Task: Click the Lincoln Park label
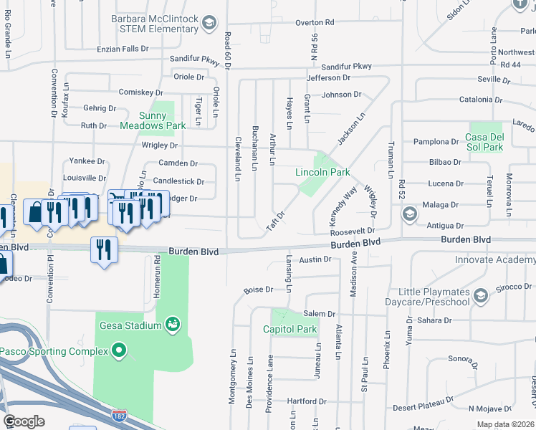tap(322, 172)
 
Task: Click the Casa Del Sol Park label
tap(484, 142)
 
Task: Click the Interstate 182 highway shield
tap(120, 416)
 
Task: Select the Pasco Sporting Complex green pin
tap(120, 351)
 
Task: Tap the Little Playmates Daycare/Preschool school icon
tap(480, 295)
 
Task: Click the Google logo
tap(24, 421)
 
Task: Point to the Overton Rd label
tap(315, 22)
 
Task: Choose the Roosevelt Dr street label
tap(353, 231)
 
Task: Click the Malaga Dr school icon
tap(409, 214)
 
